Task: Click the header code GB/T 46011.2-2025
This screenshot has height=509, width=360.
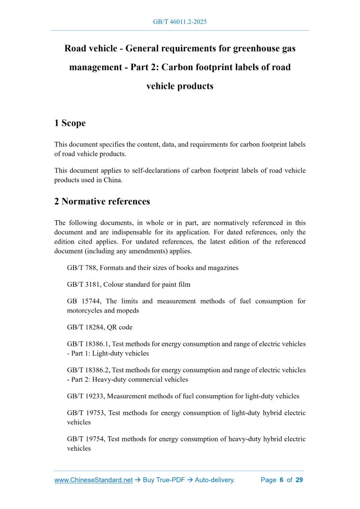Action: coord(180,22)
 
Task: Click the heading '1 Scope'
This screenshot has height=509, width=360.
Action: coord(70,123)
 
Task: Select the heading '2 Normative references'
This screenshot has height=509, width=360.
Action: coord(102,201)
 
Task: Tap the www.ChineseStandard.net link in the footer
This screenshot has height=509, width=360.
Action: coord(94,480)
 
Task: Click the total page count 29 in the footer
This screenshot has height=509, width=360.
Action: coord(299,480)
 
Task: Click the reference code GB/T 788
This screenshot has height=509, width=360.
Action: coord(81,267)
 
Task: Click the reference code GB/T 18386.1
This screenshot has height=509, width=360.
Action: coord(88,344)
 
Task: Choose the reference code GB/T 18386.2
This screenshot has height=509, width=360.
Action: coord(88,370)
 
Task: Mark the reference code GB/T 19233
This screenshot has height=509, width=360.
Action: coord(84,396)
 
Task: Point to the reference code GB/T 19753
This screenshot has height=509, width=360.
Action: coord(84,413)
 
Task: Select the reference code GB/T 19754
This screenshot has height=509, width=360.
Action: coord(84,439)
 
